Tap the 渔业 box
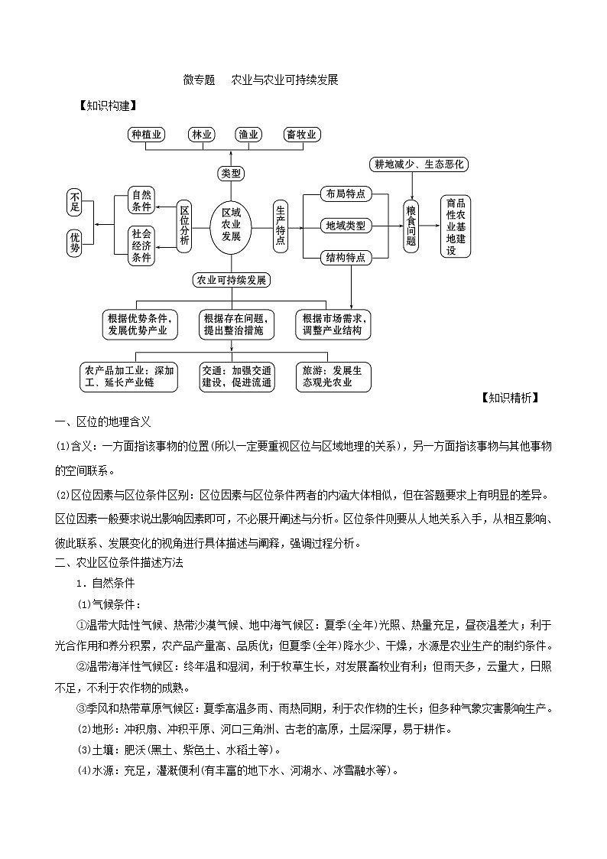(x=248, y=135)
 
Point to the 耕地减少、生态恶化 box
(x=418, y=164)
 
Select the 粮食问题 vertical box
(x=411, y=225)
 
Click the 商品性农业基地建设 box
(x=456, y=226)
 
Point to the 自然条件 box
(x=142, y=201)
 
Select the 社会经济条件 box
(x=142, y=246)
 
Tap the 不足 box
(x=75, y=201)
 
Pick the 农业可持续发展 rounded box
(x=231, y=280)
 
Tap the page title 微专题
(x=199, y=80)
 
